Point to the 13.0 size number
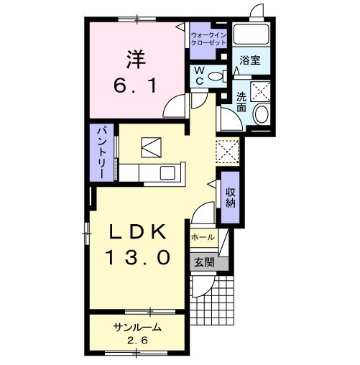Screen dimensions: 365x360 (138, 256)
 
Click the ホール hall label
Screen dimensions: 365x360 (202, 236)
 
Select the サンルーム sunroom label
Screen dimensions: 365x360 (136, 327)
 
